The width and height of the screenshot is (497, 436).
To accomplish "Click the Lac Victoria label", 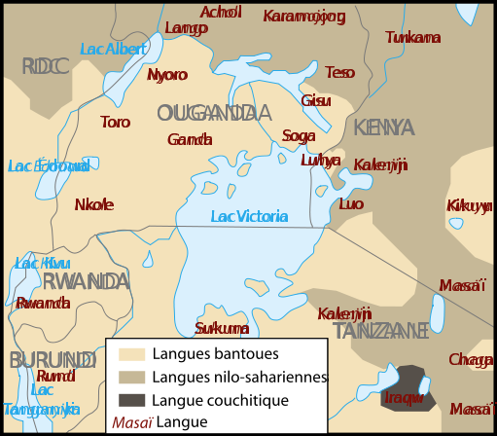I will coord(249,216).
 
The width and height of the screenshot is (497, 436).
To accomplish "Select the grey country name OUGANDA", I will coord(213,113).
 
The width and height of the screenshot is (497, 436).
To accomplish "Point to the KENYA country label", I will coord(383,128).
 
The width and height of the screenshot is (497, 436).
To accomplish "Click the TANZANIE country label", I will coord(380,331).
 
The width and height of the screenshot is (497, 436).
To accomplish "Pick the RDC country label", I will coord(46,66).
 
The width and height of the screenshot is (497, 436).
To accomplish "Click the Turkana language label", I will coord(412,38).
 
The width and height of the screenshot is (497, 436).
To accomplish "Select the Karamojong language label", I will coord(304,17).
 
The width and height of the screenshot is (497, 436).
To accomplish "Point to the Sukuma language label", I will coord(222,328).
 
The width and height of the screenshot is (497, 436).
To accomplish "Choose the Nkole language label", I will coord(94,204).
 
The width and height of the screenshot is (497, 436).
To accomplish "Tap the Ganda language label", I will coord(190,140).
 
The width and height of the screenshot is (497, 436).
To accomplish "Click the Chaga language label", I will coord(471,360).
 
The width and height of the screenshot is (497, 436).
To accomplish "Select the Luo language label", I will coord(351,204).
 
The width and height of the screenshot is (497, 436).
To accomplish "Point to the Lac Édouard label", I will coord(49,166).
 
